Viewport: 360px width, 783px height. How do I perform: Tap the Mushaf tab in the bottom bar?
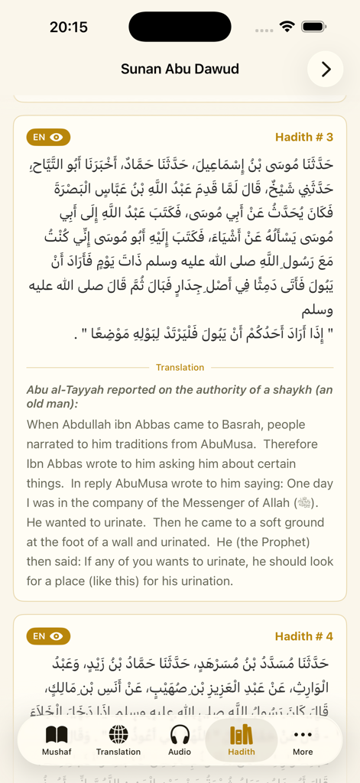pos(57,740)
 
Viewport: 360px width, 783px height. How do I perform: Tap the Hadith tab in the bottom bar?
pos(241,740)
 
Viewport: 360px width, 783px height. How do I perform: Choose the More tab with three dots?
pos(303,740)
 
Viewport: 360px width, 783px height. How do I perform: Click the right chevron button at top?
pos(326,70)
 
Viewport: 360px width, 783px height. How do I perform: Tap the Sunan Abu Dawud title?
pos(180,69)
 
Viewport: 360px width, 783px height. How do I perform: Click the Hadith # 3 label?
pos(304,138)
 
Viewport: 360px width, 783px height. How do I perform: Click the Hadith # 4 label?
pos(304,636)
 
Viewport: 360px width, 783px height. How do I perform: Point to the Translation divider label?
pos(180,368)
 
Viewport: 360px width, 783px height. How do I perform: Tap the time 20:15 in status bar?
pos(69,27)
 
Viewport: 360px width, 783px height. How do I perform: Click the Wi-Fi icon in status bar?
pos(287,27)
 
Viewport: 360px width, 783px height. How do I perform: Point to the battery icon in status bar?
pos(314,27)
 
